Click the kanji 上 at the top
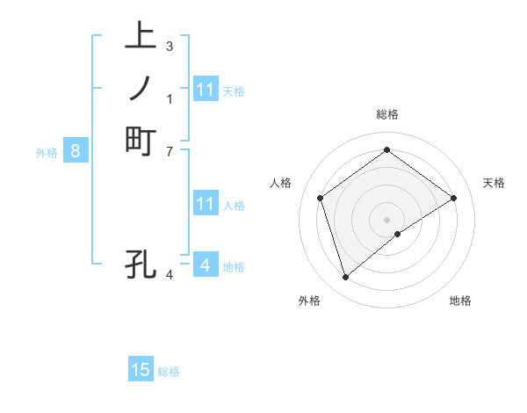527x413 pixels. click(141, 37)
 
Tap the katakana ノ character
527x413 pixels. click(141, 88)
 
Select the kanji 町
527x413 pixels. click(141, 141)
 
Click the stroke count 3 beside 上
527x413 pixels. click(170, 46)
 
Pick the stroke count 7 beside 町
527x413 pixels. click(170, 150)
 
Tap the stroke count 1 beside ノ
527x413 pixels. click(170, 98)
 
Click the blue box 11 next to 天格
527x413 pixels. click(206, 90)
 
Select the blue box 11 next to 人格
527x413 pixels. click(206, 204)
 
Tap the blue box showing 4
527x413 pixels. click(205, 264)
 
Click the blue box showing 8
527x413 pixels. click(76, 151)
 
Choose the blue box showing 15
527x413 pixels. click(141, 370)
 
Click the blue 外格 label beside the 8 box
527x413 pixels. click(47, 152)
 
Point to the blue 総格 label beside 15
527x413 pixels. click(169, 372)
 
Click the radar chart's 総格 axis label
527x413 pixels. click(386, 114)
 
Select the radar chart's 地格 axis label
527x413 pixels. click(460, 301)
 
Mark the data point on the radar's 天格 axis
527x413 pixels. click(453, 198)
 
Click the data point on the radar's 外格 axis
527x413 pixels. click(345, 278)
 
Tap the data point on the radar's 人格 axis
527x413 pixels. click(321, 198)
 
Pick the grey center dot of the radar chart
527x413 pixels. click(386, 220)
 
